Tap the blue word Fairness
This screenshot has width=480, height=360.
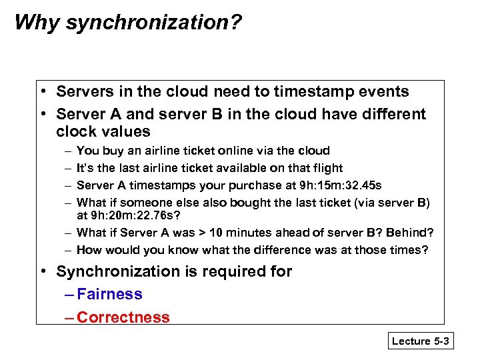click(109, 294)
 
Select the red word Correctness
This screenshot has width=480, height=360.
click(123, 317)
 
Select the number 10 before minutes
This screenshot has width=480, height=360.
click(216, 233)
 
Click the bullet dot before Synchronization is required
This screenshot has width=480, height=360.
click(43, 271)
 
